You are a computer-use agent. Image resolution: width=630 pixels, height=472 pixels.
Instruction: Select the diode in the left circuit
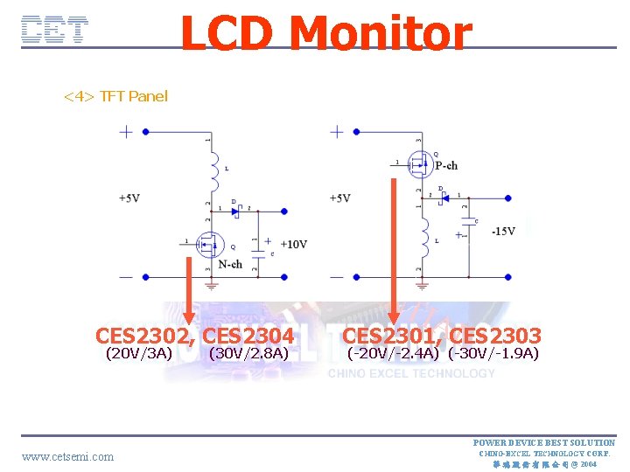(x=234, y=211)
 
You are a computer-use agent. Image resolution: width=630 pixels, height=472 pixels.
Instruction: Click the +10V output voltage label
(x=292, y=244)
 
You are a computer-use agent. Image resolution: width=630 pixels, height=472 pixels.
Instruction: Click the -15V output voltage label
(x=503, y=231)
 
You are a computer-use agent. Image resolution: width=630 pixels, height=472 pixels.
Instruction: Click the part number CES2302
(x=145, y=336)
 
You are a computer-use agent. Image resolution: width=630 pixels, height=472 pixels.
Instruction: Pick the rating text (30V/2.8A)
(x=249, y=354)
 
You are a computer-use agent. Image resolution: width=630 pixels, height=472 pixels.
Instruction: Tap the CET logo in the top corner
(x=54, y=31)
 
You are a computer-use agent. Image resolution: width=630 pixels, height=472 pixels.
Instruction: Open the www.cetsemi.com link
(x=67, y=456)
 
